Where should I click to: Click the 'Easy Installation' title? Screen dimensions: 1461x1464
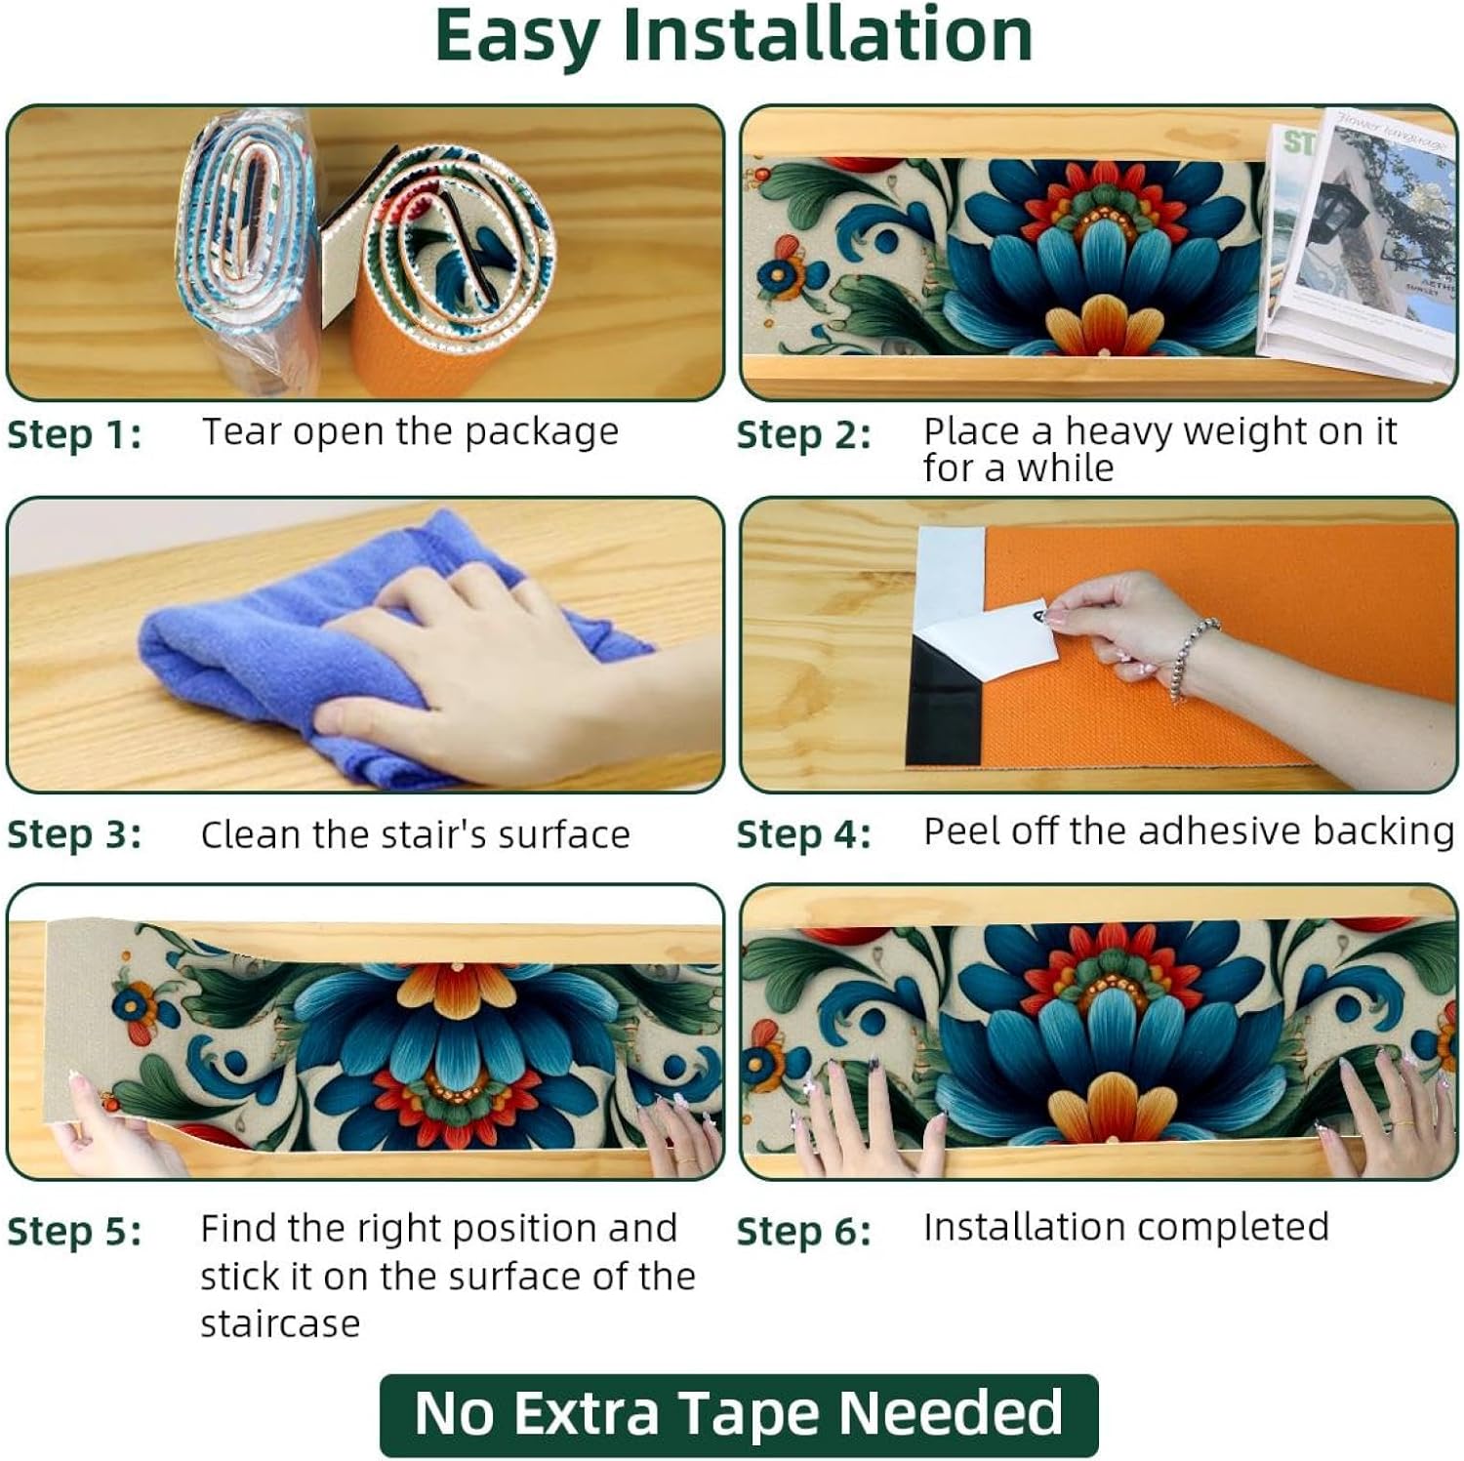point(733,36)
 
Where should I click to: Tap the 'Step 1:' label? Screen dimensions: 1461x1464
point(74,434)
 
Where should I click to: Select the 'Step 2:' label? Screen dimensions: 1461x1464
point(803,434)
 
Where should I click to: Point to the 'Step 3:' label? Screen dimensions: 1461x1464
point(74,834)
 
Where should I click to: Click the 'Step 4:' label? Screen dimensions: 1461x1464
point(803,834)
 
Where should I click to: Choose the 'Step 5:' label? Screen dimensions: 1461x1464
point(74,1232)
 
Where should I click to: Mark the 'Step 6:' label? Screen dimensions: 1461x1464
point(803,1232)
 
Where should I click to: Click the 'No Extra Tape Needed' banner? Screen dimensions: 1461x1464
point(739,1413)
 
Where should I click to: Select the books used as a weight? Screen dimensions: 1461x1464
point(1357,244)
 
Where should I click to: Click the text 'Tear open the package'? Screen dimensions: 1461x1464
point(410,431)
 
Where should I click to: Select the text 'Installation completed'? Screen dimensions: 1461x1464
point(1125,1227)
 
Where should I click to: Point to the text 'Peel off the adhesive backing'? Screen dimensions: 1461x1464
point(1188,832)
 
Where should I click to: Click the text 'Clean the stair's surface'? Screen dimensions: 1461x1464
point(415,834)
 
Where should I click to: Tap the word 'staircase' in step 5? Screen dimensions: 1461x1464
point(280,1323)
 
